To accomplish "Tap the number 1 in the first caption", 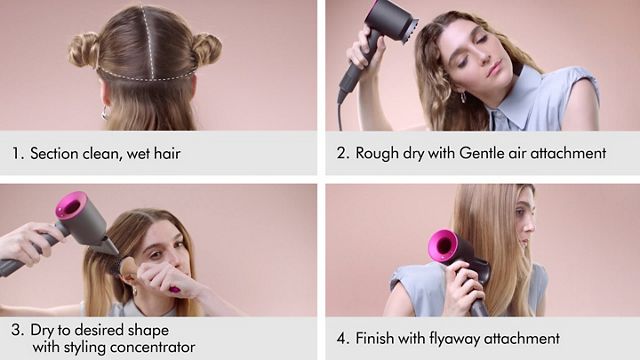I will click(x=16, y=154).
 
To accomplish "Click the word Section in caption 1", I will click(x=56, y=154).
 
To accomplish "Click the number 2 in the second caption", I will click(x=342, y=154).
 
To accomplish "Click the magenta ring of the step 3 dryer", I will click(x=71, y=206).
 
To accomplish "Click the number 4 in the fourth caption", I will click(x=342, y=338).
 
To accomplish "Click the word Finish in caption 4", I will click(x=375, y=338).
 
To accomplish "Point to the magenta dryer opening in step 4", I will click(x=442, y=246).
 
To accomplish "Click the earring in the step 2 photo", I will click(x=463, y=96).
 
